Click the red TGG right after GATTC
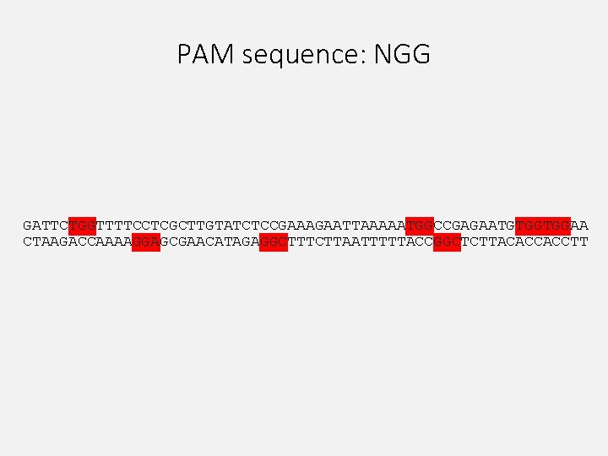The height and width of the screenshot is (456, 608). (x=82, y=225)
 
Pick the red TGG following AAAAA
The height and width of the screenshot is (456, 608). (x=420, y=225)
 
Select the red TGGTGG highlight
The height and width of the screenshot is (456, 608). (x=543, y=225)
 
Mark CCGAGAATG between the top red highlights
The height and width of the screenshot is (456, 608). (x=475, y=225)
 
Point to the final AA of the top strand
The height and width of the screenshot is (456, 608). (x=580, y=225)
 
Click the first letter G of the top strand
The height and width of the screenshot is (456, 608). (x=27, y=225)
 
